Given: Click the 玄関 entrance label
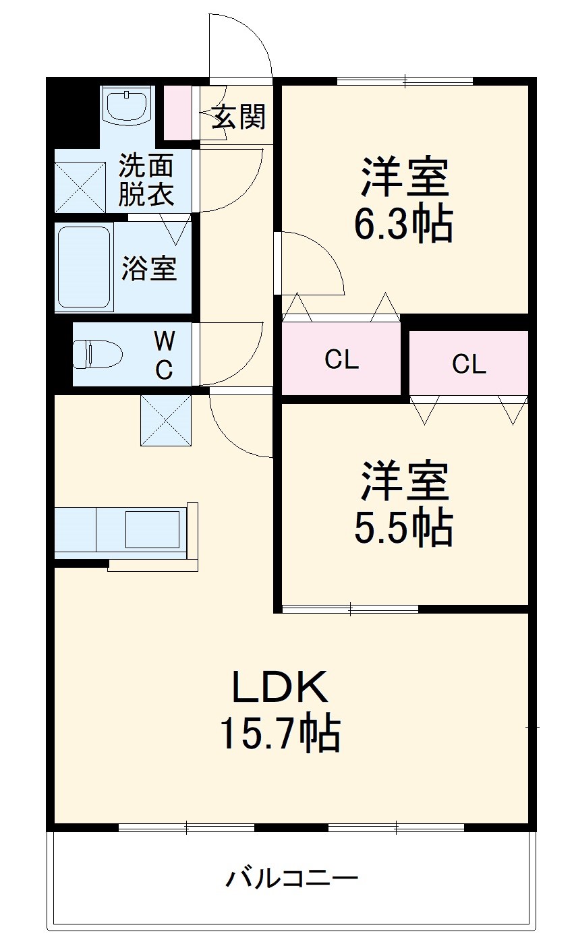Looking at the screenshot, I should (x=239, y=117).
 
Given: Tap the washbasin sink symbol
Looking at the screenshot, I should (x=127, y=106).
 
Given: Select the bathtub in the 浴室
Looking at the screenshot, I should (x=84, y=267).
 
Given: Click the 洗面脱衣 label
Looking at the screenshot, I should (x=146, y=179).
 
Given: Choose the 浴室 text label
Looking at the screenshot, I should (x=149, y=268).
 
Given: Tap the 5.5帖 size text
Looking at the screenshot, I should (x=403, y=529).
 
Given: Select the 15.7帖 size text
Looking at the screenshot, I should (x=279, y=734).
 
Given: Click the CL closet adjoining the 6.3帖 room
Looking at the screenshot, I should (x=341, y=360).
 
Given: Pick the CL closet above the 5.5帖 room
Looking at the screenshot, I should (x=469, y=364).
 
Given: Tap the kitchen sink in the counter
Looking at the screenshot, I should (x=152, y=529).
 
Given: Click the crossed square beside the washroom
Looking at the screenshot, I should (x=80, y=187).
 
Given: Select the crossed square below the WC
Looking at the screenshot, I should (x=165, y=421).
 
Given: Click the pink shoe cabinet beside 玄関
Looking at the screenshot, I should (x=177, y=113).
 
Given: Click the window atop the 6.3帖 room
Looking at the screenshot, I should (x=405, y=82).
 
